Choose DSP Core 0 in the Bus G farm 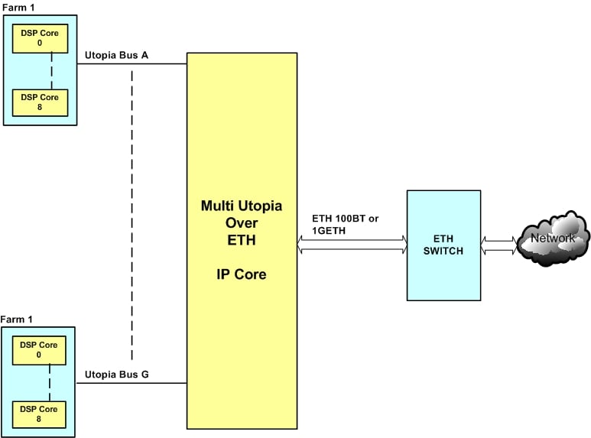pyautogui.click(x=38, y=350)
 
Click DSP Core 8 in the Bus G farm pyautogui.click(x=38, y=413)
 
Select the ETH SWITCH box pyautogui.click(x=443, y=245)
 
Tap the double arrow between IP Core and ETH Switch pyautogui.click(x=352, y=244)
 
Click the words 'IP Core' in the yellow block pyautogui.click(x=241, y=274)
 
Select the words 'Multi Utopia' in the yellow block pyautogui.click(x=241, y=206)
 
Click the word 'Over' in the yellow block pyautogui.click(x=241, y=222)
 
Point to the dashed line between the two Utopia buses pyautogui.click(x=132, y=214)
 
